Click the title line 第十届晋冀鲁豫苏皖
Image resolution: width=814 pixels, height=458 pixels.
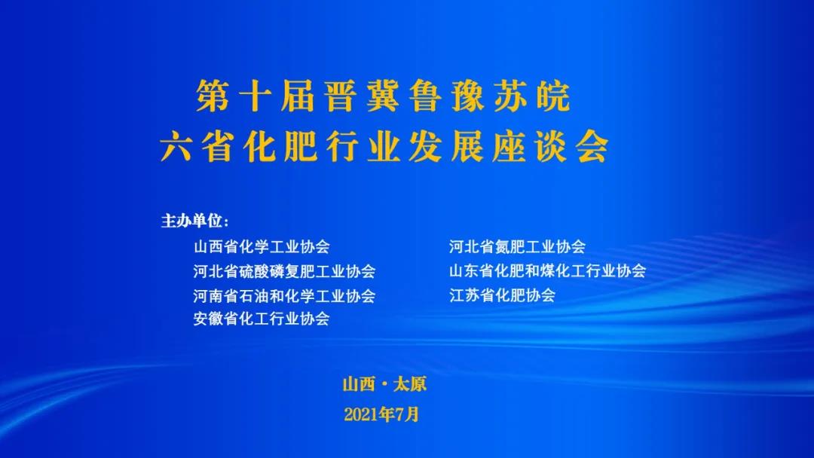383,96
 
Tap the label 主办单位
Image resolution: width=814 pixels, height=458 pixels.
194,221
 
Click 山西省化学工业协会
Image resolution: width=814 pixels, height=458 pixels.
262,246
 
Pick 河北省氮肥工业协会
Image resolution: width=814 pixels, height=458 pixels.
518,246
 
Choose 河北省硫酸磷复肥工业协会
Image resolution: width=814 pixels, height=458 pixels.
284,270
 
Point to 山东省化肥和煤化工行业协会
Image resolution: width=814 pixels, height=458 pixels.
548,270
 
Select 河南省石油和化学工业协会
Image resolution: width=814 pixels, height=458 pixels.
284,295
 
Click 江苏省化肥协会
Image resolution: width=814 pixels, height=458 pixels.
503,295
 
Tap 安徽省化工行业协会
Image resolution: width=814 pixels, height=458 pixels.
262,318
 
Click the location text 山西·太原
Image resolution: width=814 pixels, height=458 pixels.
384,384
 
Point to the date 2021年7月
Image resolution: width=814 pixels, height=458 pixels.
381,414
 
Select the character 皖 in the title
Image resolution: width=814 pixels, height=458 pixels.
554,96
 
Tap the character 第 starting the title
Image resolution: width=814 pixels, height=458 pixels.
213,96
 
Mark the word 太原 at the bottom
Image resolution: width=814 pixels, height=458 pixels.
410,384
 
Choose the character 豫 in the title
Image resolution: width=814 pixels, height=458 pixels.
469,96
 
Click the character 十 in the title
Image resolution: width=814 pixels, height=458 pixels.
255,96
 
